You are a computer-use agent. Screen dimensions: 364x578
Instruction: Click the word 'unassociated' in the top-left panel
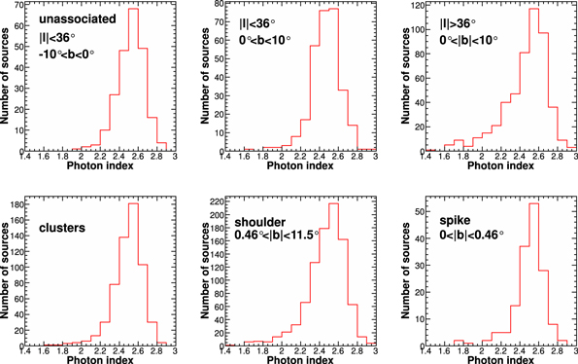pyautogui.click(x=67, y=20)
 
